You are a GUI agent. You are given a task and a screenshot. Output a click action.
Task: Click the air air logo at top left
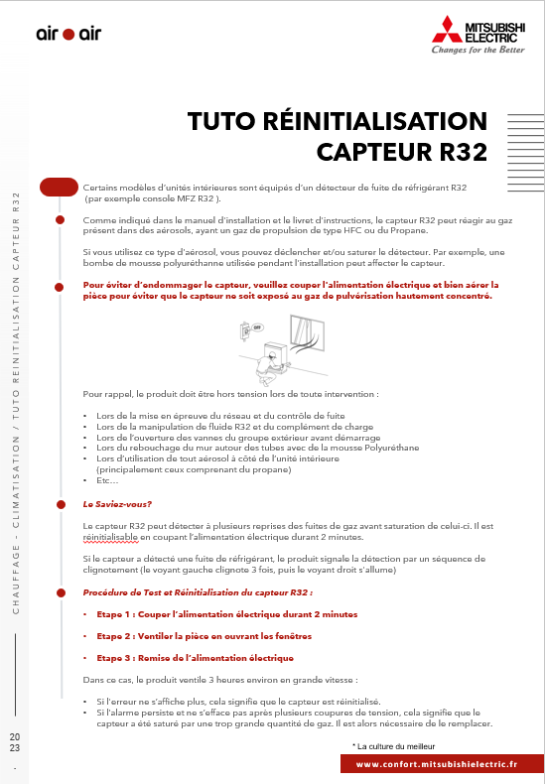tap(68, 34)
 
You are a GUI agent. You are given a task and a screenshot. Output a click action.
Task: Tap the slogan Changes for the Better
tap(478, 50)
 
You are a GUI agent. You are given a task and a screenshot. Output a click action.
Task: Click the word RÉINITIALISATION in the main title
tap(375, 121)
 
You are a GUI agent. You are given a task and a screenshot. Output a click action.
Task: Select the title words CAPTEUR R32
tap(402, 152)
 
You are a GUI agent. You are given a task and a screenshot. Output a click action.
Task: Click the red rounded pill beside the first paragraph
tap(59, 187)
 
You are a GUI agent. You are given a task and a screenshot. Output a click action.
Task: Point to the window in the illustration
tap(307, 332)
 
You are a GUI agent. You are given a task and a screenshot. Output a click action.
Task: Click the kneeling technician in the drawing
tap(270, 367)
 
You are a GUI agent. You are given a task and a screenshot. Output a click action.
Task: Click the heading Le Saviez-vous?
tap(117, 504)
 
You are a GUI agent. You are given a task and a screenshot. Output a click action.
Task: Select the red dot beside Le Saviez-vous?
tap(61, 504)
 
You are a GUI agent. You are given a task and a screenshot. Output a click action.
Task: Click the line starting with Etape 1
tap(227, 614)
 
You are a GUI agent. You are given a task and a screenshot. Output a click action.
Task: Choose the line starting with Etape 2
tap(204, 636)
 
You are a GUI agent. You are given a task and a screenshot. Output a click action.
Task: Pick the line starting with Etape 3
tap(195, 658)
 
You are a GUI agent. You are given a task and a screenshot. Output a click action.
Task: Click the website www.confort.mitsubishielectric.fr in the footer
tap(437, 764)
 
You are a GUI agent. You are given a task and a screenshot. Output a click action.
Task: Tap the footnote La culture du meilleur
tap(393, 746)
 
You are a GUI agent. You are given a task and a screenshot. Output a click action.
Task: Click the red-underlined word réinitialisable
tap(110, 537)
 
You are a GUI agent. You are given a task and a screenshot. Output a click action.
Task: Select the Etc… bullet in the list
tap(107, 480)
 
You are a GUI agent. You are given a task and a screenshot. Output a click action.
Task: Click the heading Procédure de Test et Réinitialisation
tap(198, 592)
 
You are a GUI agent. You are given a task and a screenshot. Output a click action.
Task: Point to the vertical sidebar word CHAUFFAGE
tap(16, 580)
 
